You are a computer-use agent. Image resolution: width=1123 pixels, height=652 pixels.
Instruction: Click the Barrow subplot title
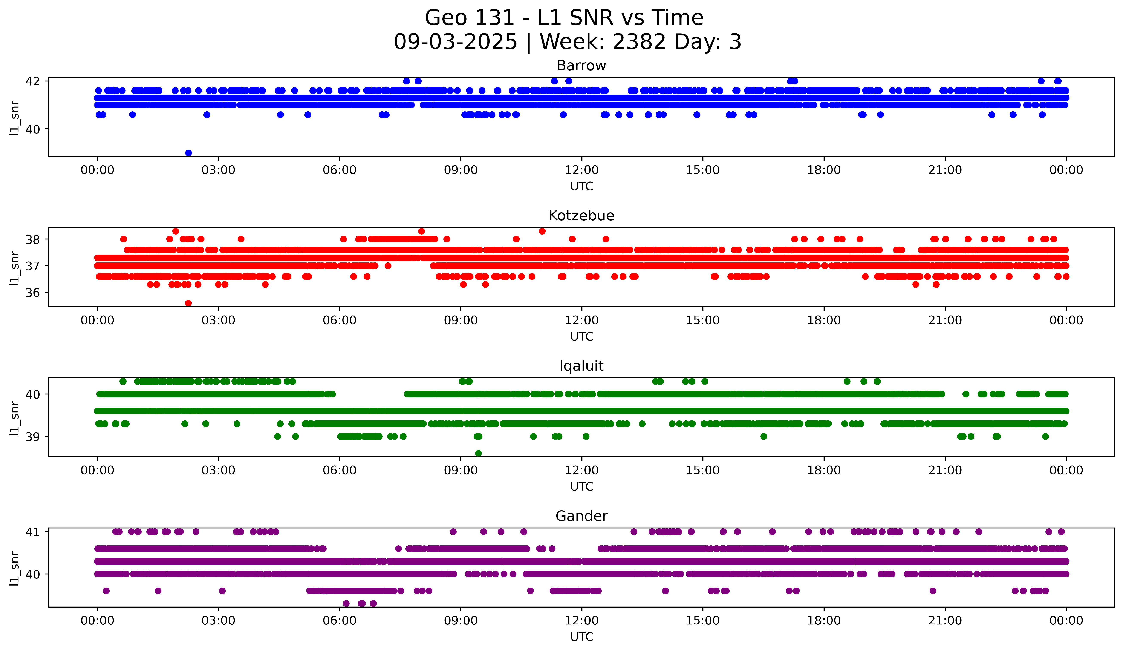click(581, 66)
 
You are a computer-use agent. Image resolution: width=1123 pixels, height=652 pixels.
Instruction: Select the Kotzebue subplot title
click(581, 216)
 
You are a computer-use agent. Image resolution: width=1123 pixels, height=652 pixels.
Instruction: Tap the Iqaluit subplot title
click(581, 366)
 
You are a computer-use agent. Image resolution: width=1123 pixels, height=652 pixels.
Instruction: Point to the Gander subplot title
click(581, 516)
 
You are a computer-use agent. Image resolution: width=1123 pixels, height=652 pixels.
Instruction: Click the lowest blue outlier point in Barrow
click(188, 153)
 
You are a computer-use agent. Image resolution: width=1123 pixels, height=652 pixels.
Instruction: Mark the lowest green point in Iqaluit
click(478, 453)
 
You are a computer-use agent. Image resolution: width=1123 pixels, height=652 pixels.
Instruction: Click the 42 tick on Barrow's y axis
click(33, 81)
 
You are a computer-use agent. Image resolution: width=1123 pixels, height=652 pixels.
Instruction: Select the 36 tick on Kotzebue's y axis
click(33, 293)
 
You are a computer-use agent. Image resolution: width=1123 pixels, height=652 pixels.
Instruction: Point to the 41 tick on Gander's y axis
click(33, 532)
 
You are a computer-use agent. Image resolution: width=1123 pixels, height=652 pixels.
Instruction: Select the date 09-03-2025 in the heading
click(455, 42)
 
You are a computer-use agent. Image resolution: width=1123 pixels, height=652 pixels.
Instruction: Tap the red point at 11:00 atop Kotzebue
click(542, 231)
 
